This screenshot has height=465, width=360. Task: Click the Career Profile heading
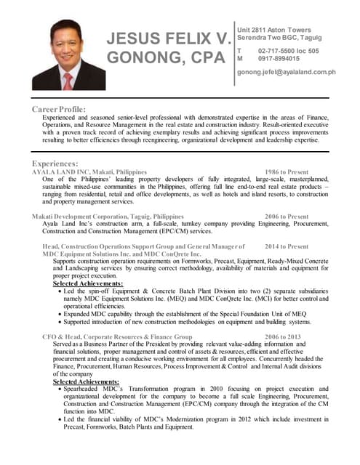tap(59, 109)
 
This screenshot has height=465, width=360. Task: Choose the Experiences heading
tap(55, 163)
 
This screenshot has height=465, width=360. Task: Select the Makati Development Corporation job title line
tap(108, 217)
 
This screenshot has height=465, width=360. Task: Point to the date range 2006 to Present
tap(287, 217)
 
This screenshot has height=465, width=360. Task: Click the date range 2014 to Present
tap(287, 247)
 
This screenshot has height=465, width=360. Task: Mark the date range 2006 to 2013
tap(283, 337)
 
